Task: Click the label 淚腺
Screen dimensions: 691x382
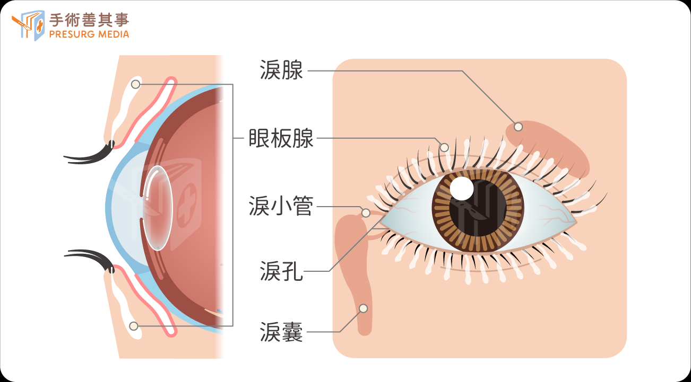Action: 281,70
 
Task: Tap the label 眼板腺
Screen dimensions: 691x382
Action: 281,138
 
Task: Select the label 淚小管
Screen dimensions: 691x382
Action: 281,206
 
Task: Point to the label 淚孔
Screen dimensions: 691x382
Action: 281,271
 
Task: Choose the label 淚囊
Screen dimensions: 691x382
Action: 281,332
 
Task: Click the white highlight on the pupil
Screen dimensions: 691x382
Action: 462,188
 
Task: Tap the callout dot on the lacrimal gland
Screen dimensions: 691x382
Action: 518,127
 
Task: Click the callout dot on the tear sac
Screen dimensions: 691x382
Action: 364,308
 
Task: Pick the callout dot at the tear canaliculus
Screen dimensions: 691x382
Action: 366,212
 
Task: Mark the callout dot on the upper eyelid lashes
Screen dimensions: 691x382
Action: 444,147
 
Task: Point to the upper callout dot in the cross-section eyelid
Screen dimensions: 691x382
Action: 135,84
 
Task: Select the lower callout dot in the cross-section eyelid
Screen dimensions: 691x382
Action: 134,326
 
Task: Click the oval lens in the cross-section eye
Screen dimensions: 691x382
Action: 157,208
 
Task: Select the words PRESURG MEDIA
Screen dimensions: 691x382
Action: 89,34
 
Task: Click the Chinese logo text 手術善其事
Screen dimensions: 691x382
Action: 89,20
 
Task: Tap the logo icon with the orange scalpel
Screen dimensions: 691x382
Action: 28,25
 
